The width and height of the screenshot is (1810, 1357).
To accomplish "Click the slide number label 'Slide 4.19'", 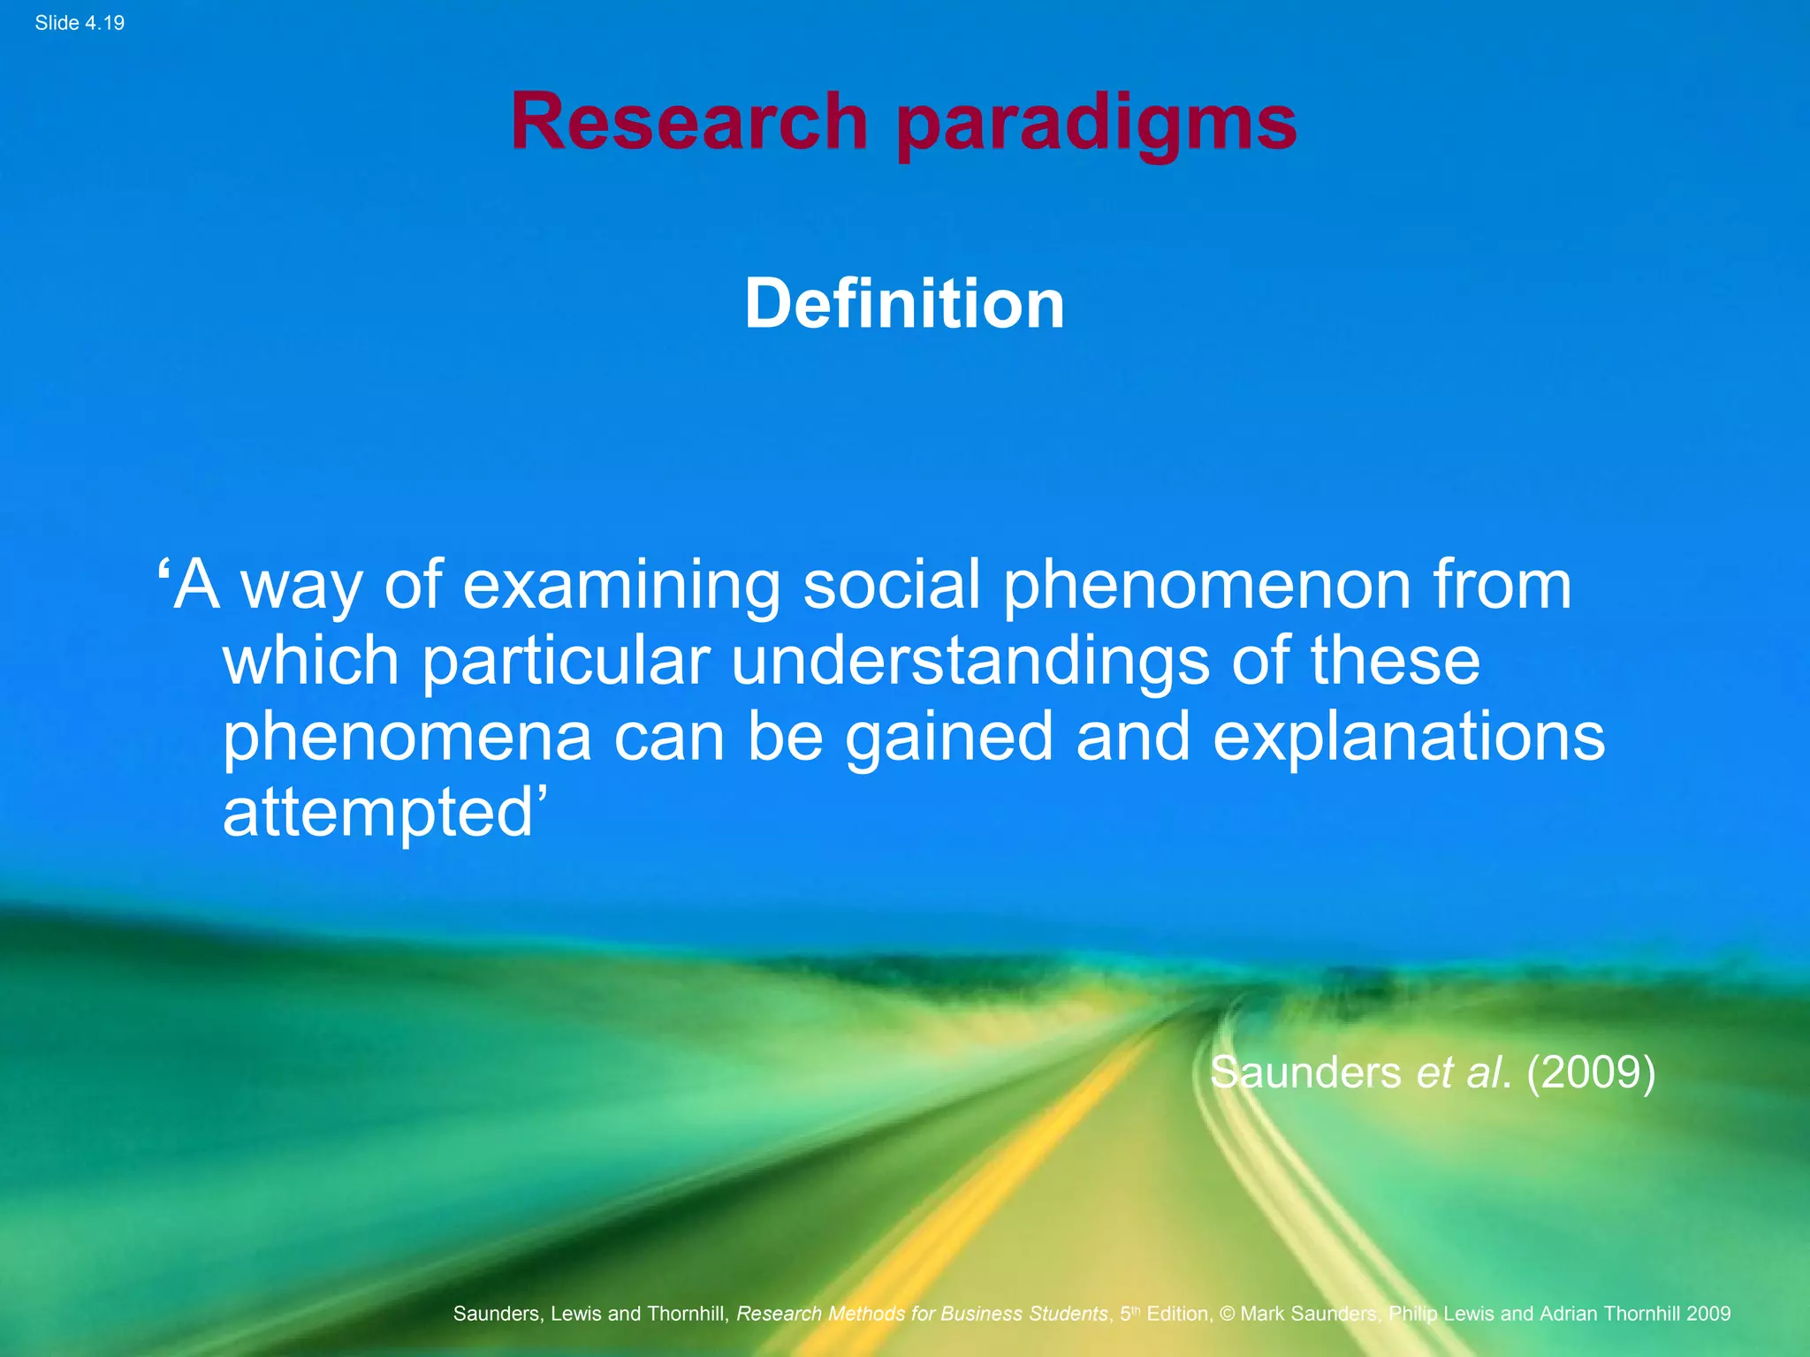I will click(80, 23).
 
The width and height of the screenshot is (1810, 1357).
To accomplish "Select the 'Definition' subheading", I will click(904, 304).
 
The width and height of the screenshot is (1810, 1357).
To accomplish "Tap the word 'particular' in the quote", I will click(566, 661).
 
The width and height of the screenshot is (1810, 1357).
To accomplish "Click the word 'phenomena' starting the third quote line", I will click(406, 737).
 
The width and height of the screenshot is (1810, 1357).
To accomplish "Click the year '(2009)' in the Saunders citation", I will click(1590, 1073).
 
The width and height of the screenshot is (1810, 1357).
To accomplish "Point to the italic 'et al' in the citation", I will click(1458, 1073).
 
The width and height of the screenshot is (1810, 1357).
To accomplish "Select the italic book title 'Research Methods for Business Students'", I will click(922, 1314).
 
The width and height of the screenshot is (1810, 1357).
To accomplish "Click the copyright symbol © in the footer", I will click(1227, 1314).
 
